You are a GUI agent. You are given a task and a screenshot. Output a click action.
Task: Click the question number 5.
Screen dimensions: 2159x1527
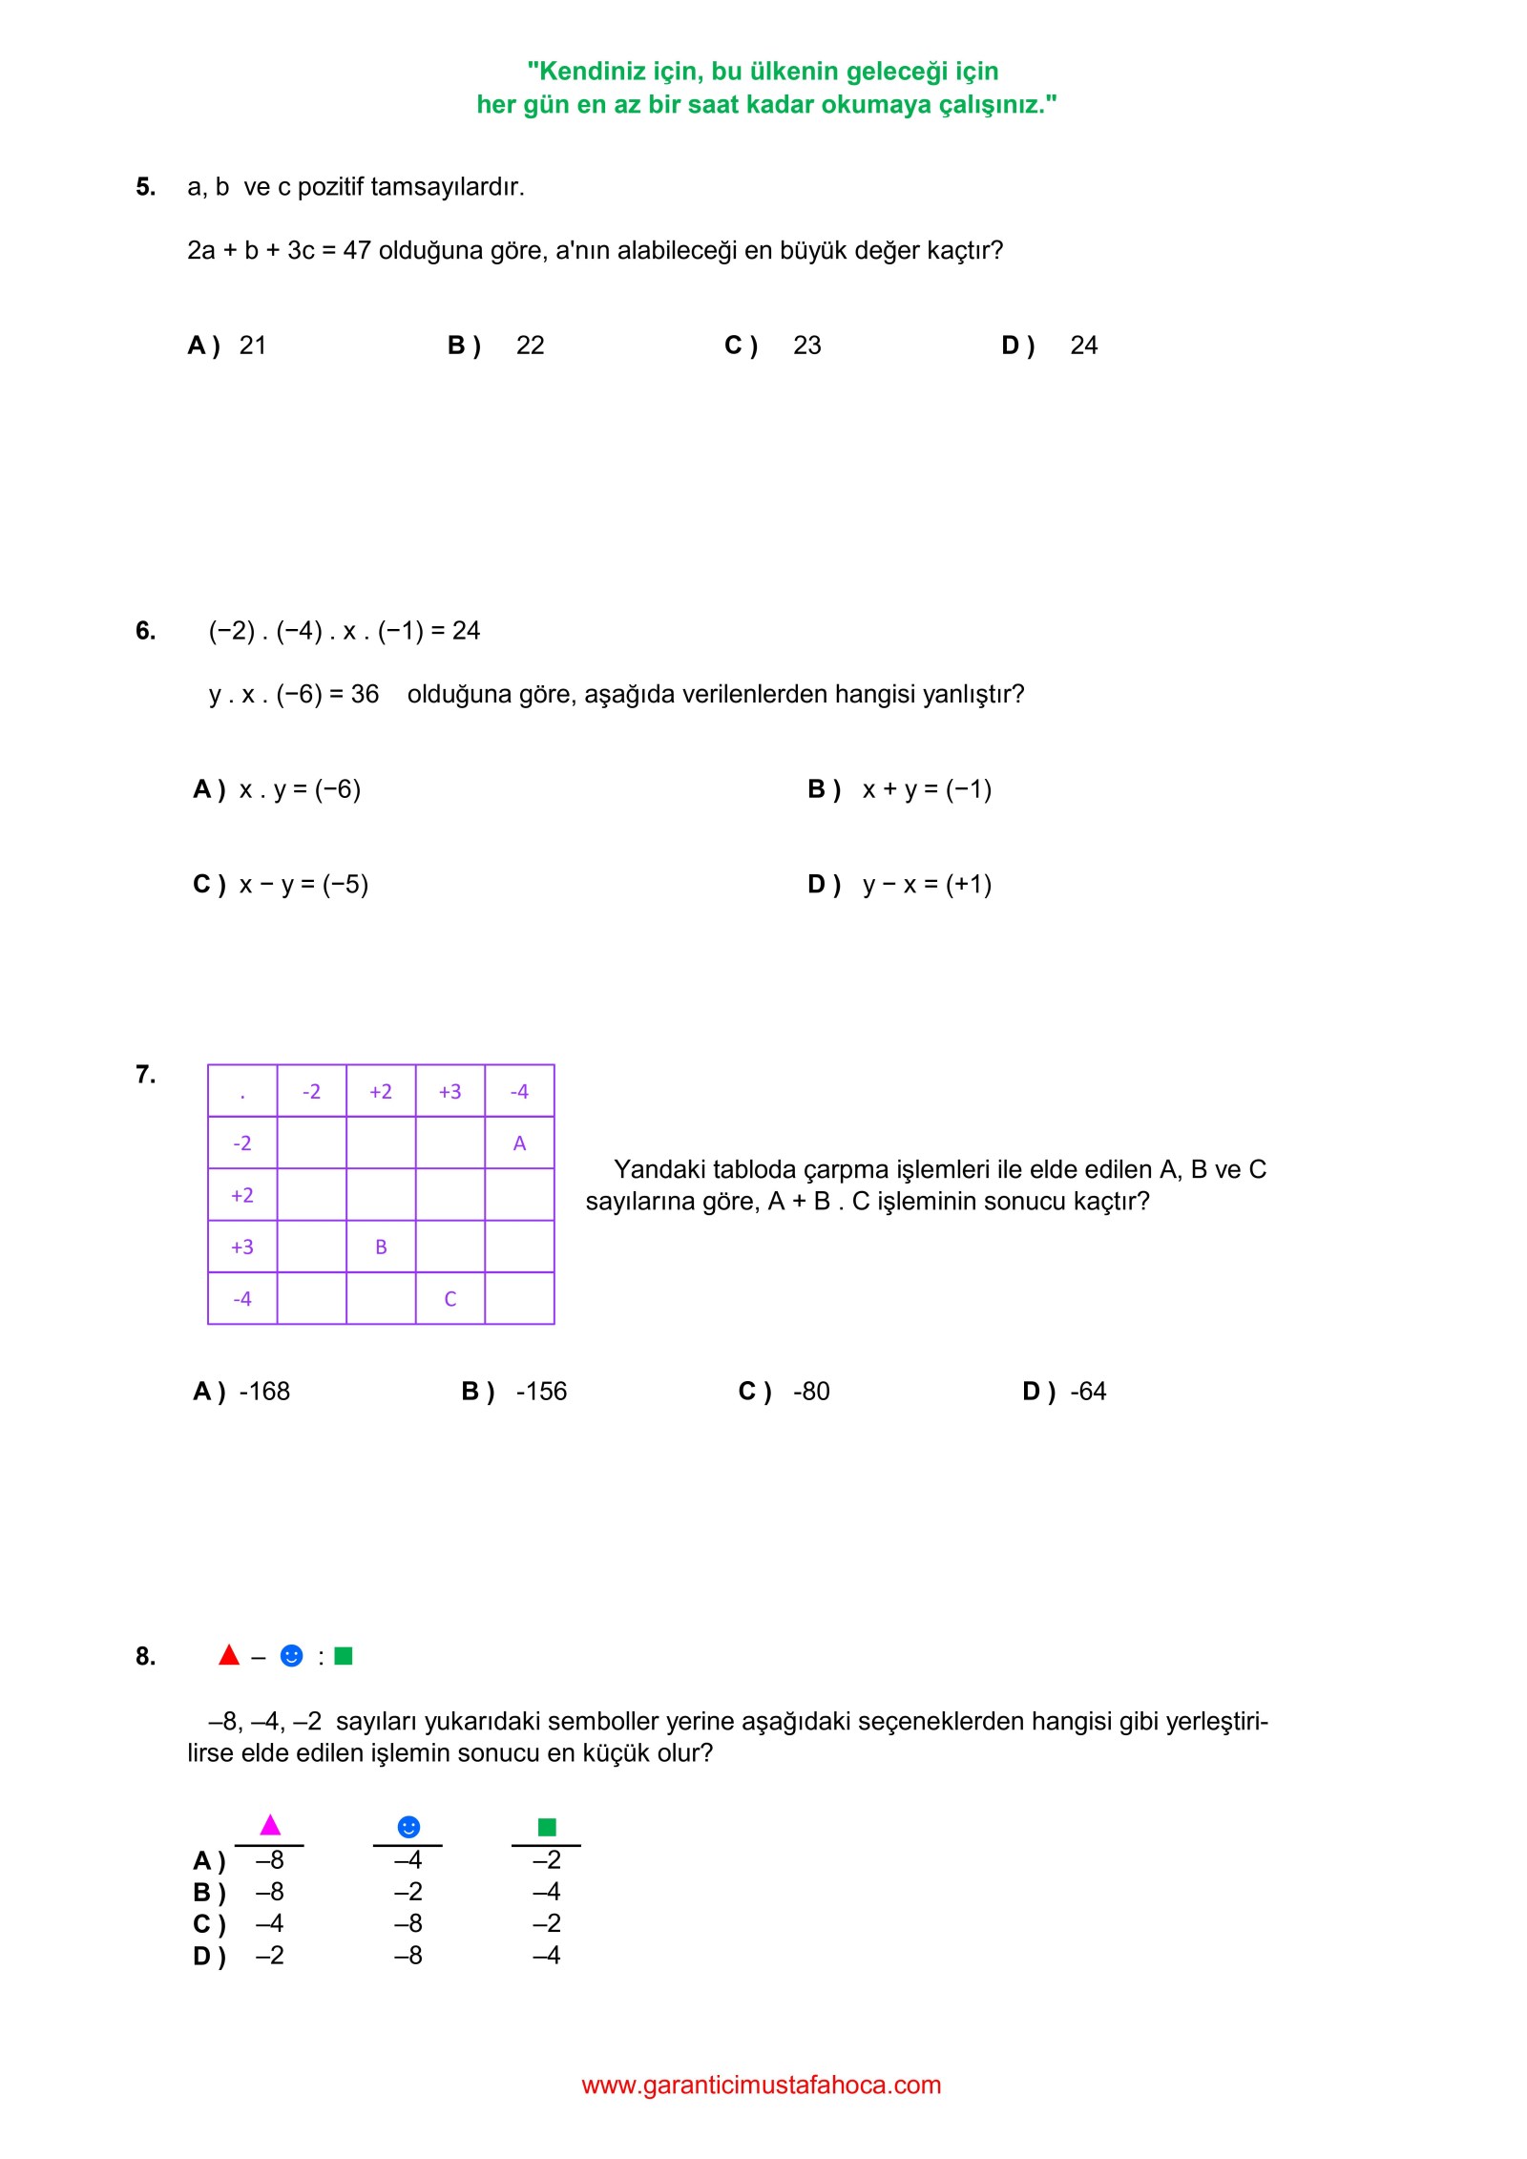click(x=145, y=186)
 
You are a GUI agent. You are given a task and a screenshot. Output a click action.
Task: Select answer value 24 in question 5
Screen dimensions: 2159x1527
click(x=1083, y=346)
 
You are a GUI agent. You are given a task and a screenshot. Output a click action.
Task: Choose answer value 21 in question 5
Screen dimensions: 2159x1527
click(x=253, y=346)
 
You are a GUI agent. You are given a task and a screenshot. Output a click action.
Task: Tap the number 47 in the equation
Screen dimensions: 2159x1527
click(x=356, y=251)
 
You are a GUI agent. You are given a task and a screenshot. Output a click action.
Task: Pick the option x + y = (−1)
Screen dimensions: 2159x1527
click(x=926, y=789)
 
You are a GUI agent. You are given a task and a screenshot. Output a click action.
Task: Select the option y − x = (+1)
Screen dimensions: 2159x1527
click(x=926, y=884)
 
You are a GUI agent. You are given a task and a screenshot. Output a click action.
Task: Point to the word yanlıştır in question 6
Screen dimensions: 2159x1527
click(x=973, y=694)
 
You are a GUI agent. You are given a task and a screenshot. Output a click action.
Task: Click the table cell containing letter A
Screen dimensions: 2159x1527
click(x=519, y=1142)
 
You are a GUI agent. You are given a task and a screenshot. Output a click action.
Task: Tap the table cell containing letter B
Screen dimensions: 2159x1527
click(x=381, y=1247)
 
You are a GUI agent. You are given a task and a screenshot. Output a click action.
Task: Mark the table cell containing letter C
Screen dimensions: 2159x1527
click(x=450, y=1298)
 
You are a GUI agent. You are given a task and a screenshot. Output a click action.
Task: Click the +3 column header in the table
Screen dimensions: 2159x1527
click(x=450, y=1091)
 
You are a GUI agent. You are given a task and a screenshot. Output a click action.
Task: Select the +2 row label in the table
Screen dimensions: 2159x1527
click(x=242, y=1195)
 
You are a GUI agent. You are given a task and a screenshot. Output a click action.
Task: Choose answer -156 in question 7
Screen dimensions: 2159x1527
click(x=541, y=1392)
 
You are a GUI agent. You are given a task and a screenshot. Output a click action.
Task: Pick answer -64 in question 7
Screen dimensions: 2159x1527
click(x=1087, y=1392)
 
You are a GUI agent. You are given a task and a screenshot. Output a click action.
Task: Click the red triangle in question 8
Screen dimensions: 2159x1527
click(x=229, y=1655)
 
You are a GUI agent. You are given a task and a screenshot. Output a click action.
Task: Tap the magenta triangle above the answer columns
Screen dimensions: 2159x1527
click(x=270, y=1825)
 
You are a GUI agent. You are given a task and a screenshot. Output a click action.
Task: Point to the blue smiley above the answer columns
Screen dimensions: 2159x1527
click(x=408, y=1826)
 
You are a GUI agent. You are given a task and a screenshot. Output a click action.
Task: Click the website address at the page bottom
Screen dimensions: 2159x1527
click(x=761, y=2085)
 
